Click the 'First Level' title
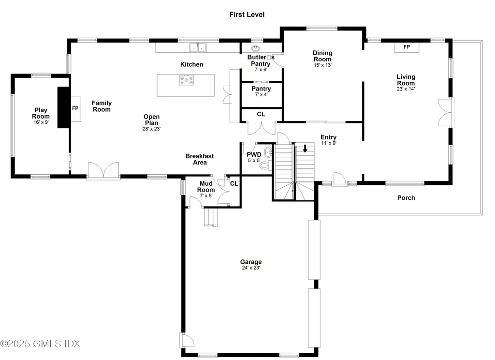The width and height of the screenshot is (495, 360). (247, 15)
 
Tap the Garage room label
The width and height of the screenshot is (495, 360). (251, 262)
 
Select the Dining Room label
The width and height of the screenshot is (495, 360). (322, 56)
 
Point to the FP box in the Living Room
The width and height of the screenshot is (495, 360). (407, 47)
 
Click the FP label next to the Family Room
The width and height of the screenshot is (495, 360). (75, 108)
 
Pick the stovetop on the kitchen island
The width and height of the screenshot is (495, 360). (186, 80)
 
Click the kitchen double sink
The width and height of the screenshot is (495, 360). (197, 47)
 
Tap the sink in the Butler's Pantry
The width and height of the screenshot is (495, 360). (256, 48)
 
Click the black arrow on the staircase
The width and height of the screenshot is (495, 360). (305, 149)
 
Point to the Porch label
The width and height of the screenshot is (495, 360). (406, 197)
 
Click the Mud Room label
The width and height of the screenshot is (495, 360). (205, 187)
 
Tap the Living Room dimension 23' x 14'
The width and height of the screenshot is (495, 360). (406, 89)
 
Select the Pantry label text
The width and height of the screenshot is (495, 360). (261, 89)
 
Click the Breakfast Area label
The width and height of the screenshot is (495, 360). (199, 159)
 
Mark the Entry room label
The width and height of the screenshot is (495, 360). (328, 137)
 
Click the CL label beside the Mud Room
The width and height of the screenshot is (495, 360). (234, 183)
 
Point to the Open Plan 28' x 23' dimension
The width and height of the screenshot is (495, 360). (151, 129)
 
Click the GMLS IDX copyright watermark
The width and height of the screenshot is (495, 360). (40, 344)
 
